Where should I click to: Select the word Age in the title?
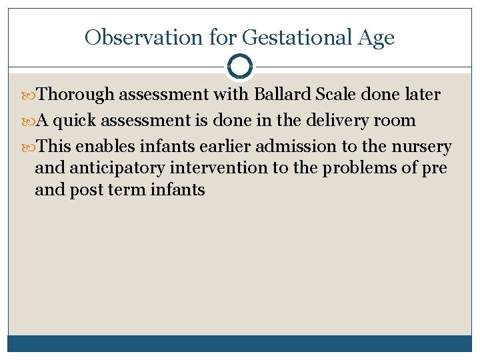pyautogui.click(x=375, y=37)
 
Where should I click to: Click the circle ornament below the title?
pyautogui.click(x=240, y=67)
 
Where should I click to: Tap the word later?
pyautogui.click(x=421, y=95)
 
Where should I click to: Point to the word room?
pyautogui.click(x=398, y=121)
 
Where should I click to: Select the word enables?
pyautogui.click(x=105, y=147)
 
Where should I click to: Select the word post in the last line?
pyautogui.click(x=85, y=191)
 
